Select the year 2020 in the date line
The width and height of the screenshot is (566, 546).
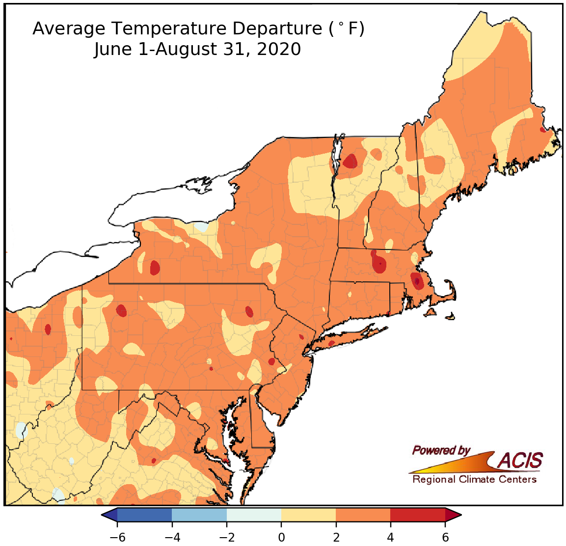tap(278, 50)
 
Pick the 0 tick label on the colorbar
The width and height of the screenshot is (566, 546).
tap(281, 537)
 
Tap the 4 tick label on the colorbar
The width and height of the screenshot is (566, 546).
tap(390, 537)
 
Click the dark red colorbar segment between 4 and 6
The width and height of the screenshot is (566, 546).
tap(417, 515)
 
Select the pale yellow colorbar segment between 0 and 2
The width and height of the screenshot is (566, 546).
tap(308, 515)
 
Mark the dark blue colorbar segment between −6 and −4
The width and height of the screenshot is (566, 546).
tap(145, 515)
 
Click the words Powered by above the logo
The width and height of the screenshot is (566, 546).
tap(441, 450)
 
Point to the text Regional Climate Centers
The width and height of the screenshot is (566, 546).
tap(474, 479)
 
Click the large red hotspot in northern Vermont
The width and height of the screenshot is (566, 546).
tap(350, 161)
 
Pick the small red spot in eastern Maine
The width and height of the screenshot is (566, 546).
tap(542, 130)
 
